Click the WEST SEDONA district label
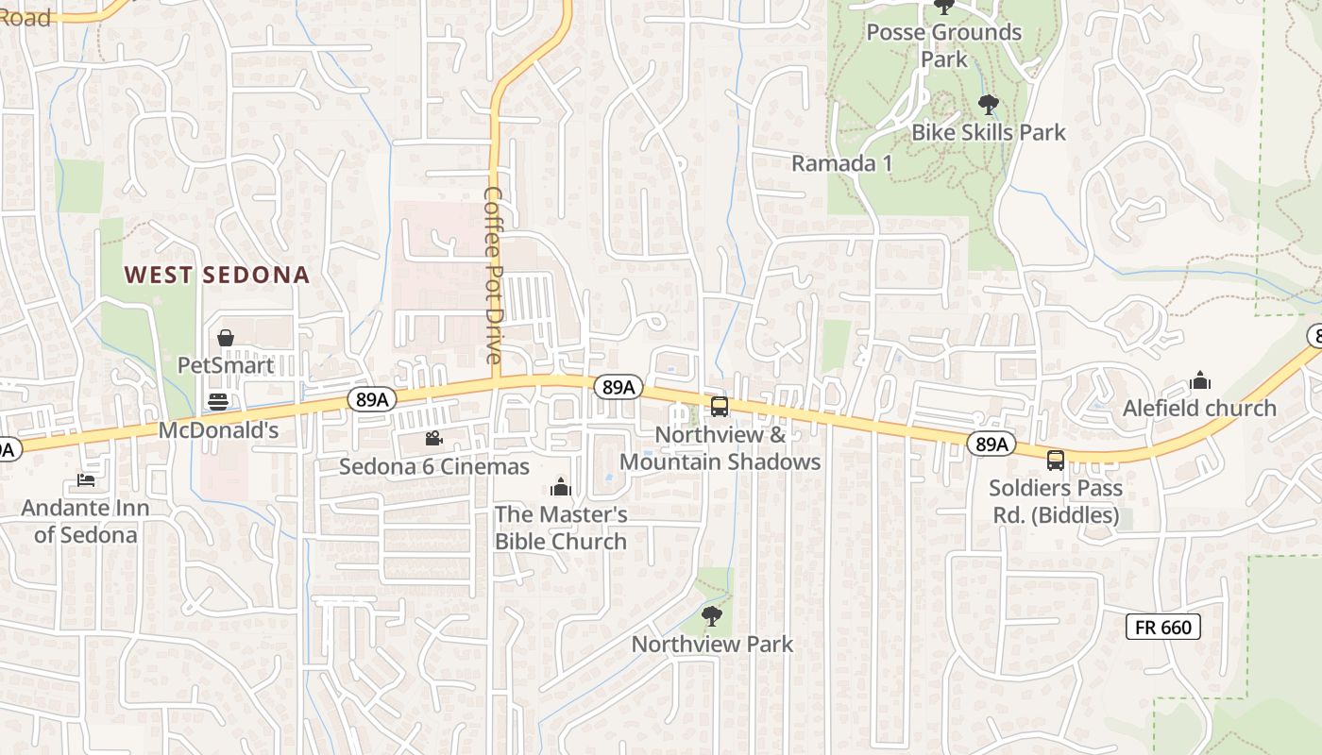tap(217, 275)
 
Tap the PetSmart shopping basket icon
tap(226, 338)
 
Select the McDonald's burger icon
tap(218, 402)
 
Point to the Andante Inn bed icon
tap(86, 480)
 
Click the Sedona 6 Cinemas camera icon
tap(433, 438)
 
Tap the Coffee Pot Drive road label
tap(494, 274)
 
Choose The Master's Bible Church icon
tap(561, 487)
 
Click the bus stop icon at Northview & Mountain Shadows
tap(720, 407)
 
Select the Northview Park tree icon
tap(712, 616)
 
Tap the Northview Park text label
tap(712, 645)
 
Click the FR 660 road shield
tap(1162, 626)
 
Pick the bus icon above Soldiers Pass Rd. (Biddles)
tap(1056, 461)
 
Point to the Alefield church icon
tap(1200, 380)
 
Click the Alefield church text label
tap(1199, 409)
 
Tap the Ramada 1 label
tap(841, 163)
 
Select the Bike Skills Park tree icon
tap(989, 104)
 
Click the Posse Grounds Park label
tap(943, 45)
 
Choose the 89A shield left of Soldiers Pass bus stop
tap(991, 444)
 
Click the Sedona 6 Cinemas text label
tap(434, 466)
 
